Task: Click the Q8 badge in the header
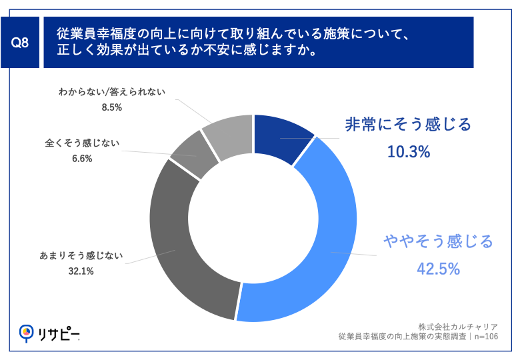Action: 21,43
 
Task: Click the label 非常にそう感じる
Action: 408,125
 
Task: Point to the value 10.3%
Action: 408,152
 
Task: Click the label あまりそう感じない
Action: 81,255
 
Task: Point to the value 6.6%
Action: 82,159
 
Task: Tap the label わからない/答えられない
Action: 111,91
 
